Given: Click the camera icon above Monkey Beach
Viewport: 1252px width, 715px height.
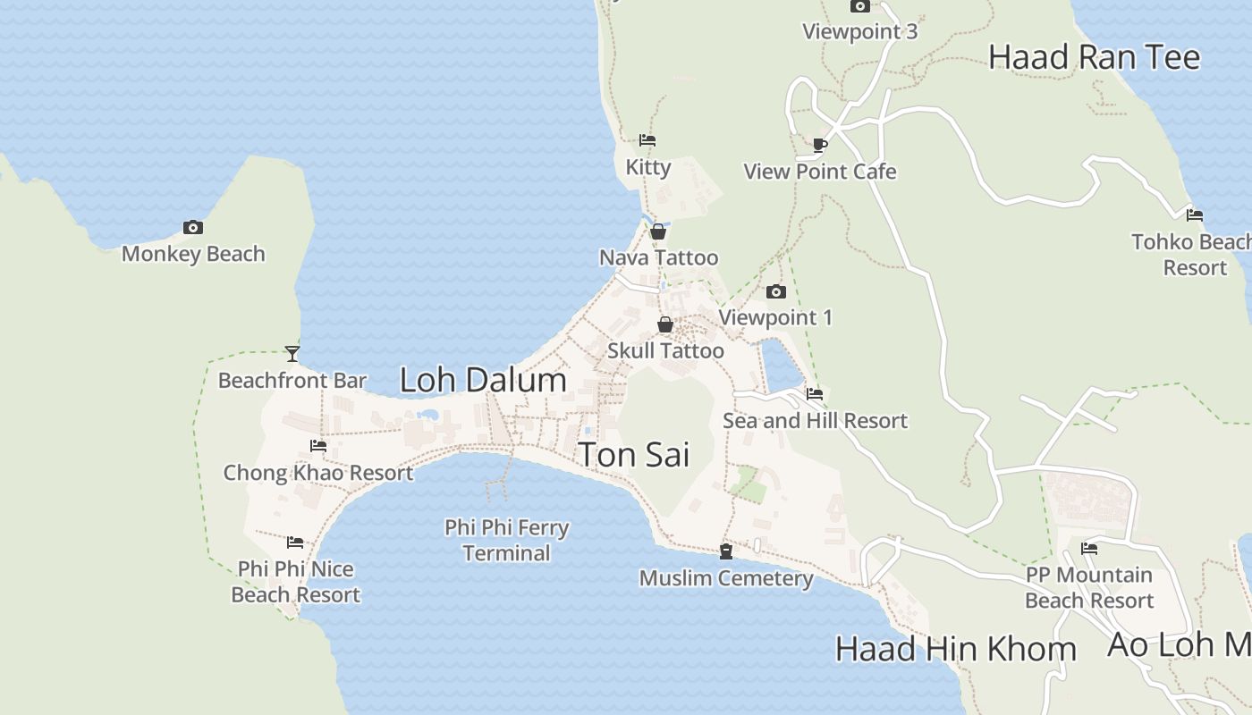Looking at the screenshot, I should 192,228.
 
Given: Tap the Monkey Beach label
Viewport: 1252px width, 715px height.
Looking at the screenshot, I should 193,254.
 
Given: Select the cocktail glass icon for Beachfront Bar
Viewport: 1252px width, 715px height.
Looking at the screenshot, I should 292,354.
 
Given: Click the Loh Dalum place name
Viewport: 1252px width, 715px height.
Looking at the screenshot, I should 483,380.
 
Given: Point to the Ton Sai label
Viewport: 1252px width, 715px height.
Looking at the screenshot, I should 634,454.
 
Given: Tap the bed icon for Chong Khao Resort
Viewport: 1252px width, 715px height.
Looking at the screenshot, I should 318,446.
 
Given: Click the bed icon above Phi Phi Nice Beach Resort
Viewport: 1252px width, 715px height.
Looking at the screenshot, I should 295,543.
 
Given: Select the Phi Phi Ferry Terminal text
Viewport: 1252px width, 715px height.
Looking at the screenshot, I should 506,540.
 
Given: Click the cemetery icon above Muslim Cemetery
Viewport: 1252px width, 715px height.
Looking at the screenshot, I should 726,552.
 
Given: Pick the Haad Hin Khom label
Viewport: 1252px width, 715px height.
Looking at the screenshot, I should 955,649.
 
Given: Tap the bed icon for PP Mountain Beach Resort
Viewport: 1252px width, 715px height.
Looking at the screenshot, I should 1089,549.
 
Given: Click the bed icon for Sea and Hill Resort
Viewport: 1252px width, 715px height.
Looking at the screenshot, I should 815,393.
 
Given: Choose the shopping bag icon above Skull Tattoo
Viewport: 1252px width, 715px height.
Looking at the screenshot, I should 665,324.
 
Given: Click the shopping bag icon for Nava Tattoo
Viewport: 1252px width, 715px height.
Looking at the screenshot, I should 658,231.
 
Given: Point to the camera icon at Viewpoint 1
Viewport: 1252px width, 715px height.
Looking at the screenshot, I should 776,291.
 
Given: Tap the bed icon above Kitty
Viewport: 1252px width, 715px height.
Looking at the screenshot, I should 647,140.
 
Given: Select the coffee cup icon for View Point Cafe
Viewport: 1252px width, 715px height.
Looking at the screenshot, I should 820,145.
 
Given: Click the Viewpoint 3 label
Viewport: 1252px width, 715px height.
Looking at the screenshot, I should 859,31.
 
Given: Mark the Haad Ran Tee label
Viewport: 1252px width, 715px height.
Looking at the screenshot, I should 1094,57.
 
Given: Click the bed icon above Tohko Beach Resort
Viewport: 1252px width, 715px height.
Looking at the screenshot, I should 1195,215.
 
